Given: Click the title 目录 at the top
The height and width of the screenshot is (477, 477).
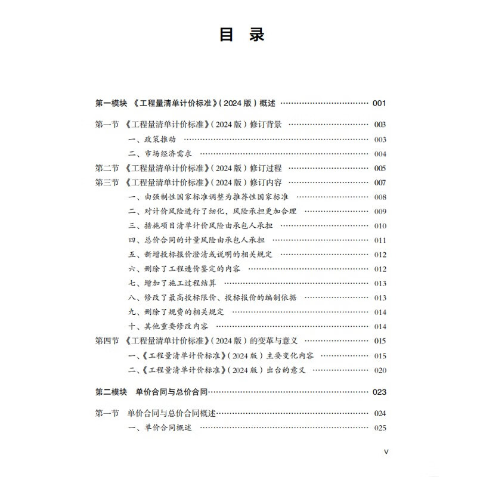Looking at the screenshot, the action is tap(241, 35).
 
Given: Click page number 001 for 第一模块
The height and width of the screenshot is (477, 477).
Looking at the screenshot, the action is tap(379, 103).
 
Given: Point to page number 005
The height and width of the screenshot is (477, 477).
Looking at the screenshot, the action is tap(380, 168).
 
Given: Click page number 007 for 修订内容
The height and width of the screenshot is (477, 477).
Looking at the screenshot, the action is tap(380, 182).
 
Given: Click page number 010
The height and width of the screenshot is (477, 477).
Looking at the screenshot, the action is tap(380, 226).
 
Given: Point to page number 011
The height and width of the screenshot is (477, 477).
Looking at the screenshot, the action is tap(380, 240).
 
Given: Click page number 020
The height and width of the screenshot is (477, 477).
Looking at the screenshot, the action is tap(380, 370).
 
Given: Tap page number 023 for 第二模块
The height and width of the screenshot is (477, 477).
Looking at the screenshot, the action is tap(379, 392).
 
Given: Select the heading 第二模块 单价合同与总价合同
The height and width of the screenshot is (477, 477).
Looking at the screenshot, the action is tap(153, 392).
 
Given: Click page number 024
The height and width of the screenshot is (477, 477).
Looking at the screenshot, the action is tap(380, 413).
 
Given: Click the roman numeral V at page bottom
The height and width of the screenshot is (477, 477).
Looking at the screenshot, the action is tap(386, 451).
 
